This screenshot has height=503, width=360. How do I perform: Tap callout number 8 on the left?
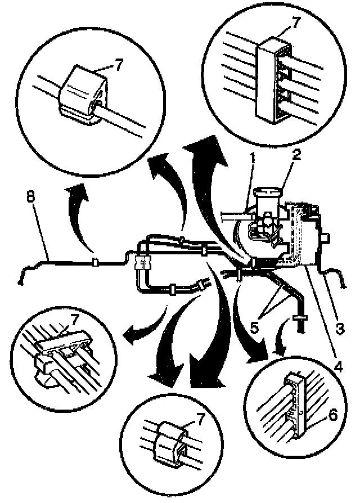pyautogui.click(x=30, y=197)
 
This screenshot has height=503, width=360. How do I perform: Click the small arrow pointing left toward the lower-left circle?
pyautogui.click(x=135, y=336)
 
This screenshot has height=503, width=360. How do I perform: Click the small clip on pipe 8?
pyautogui.click(x=96, y=262)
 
